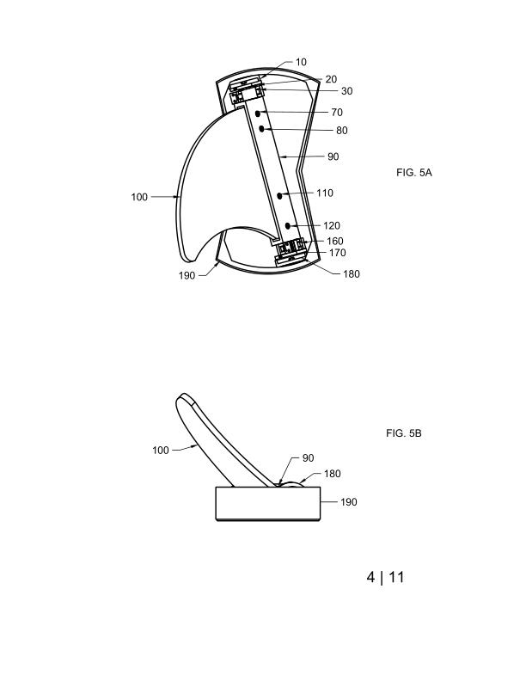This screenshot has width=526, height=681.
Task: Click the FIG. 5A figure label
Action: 414,173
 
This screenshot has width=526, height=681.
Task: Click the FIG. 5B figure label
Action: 404,433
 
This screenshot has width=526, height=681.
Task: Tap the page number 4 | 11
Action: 385,577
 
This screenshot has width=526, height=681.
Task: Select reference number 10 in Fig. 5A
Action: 301,62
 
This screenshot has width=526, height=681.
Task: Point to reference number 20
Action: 331,79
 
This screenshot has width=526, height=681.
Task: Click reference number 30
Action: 346,91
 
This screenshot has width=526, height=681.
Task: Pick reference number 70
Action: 337,112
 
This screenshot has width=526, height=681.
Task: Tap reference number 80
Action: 342,131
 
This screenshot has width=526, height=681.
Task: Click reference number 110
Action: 325,193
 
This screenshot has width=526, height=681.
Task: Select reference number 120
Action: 332,225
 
